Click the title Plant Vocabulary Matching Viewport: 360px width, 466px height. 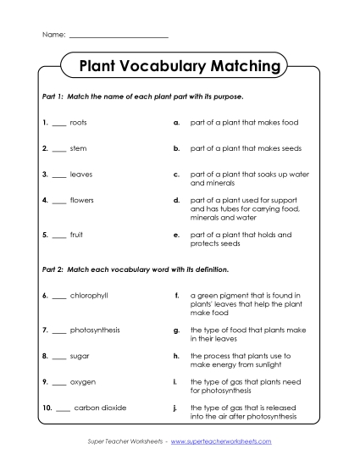coord(180,66)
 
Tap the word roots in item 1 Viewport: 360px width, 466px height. coord(78,123)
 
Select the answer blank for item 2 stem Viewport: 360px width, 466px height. coord(58,150)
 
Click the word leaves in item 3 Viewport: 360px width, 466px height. coord(81,175)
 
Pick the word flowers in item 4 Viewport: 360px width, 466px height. coord(82,201)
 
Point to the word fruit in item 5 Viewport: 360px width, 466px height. coord(77,234)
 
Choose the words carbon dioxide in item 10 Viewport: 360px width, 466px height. coord(100,408)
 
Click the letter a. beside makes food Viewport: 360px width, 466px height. coord(175,123)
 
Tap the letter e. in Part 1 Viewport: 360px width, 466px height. coord(175,234)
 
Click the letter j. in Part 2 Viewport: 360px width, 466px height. coord(175,408)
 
